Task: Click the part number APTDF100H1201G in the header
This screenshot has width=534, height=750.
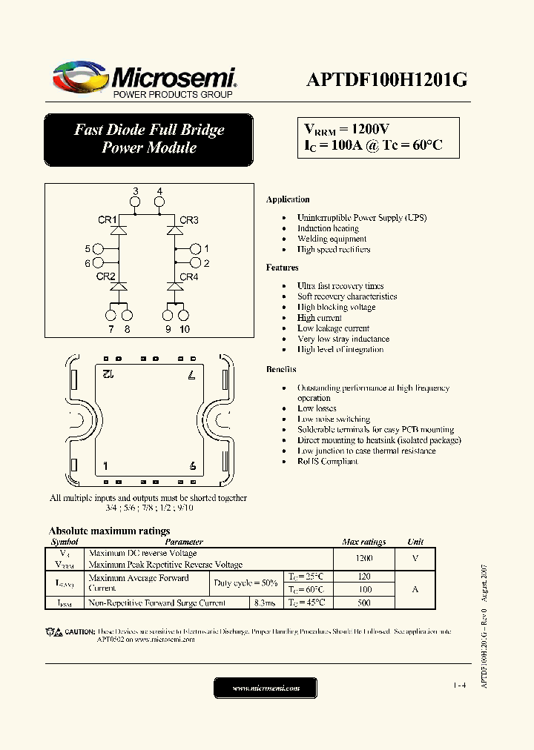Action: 386,81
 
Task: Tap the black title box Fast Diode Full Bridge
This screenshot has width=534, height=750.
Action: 148,139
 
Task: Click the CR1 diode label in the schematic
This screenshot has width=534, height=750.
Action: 107,220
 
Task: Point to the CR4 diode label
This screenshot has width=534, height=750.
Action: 189,277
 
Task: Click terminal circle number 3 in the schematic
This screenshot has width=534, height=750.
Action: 136,203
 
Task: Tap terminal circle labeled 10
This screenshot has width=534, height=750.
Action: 184,316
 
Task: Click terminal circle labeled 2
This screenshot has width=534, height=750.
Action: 196,263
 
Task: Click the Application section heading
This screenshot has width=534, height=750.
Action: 288,199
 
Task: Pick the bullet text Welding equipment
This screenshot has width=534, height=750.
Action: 332,239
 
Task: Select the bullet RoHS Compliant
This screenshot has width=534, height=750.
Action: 327,461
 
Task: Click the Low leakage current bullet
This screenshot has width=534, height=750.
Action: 333,328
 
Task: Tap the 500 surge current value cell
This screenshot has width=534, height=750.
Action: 363,603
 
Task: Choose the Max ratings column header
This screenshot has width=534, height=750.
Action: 363,542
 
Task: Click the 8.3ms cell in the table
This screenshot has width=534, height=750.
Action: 264,603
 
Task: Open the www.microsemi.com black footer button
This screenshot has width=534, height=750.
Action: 266,688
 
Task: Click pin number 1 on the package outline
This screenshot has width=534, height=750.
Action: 106,466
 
